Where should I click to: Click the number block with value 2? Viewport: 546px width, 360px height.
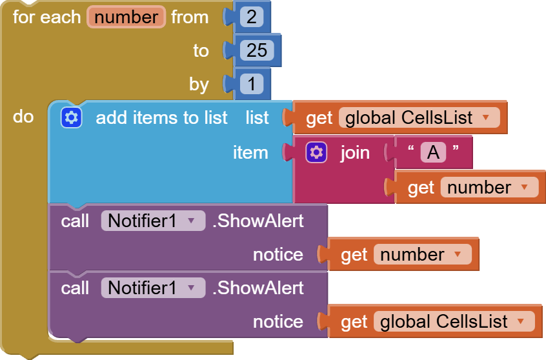click(x=251, y=17)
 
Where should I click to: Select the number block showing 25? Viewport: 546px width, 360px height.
click(x=256, y=50)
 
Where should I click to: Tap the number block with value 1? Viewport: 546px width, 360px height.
click(x=251, y=84)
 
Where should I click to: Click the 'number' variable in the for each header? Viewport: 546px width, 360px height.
click(x=126, y=17)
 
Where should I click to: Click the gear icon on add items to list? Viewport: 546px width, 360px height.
click(x=71, y=117)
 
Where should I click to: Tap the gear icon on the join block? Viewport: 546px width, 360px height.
click(x=316, y=152)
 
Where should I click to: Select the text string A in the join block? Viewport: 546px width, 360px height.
click(x=434, y=152)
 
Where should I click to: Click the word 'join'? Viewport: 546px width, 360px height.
click(x=355, y=152)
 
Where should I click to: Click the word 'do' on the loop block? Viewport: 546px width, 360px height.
click(x=23, y=117)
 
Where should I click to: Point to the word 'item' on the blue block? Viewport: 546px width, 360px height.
click(x=250, y=152)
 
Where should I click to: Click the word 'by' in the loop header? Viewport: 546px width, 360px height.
click(x=199, y=84)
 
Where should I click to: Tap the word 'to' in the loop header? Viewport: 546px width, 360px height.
click(x=201, y=50)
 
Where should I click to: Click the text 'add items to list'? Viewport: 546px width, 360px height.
click(x=161, y=117)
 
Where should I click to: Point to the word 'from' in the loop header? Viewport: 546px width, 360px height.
click(x=190, y=17)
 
